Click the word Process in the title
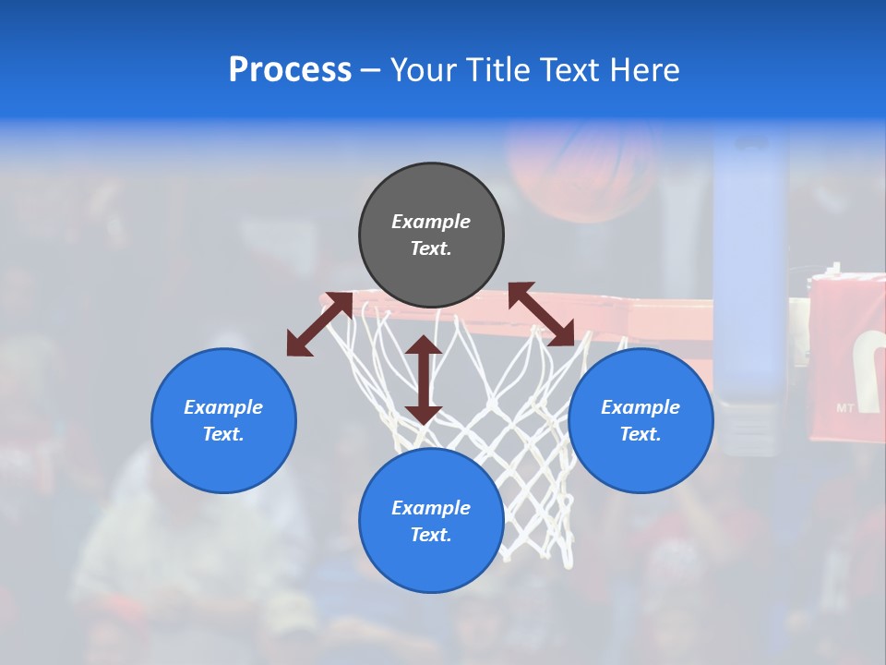(290, 70)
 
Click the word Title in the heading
(494, 70)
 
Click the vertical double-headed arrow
(424, 380)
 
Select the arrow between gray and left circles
(319, 324)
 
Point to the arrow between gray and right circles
(542, 314)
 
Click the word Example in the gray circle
(431, 222)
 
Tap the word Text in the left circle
(223, 434)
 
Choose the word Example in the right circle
(641, 407)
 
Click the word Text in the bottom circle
(431, 535)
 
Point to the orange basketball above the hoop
(581, 166)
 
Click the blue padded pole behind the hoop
(749, 277)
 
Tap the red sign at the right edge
(847, 356)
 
